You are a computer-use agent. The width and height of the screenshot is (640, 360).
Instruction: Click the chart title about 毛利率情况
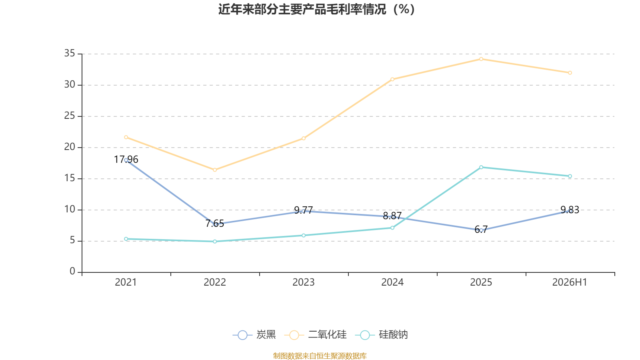316,10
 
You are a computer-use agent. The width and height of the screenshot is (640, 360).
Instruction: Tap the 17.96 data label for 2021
126,160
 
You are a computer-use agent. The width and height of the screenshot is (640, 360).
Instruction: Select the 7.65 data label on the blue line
214,224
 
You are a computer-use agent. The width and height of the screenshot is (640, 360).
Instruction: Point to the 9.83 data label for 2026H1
570,210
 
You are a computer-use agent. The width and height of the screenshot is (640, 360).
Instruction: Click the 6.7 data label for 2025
481,230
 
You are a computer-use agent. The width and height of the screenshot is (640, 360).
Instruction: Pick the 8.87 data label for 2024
392,216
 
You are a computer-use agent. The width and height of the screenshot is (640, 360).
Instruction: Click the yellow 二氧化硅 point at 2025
481,59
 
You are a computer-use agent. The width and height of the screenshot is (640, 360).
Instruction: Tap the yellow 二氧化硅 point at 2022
215,170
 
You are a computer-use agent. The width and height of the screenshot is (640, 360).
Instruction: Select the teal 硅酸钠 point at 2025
481,167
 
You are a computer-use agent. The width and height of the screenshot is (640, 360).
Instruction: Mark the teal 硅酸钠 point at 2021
126,239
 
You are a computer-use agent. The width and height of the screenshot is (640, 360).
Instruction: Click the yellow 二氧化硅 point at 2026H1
570,73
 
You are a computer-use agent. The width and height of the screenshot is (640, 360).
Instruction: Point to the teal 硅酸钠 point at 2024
392,228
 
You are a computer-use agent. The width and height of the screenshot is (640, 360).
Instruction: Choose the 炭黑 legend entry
254,334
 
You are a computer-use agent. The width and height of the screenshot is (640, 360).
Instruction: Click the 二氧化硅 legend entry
316,334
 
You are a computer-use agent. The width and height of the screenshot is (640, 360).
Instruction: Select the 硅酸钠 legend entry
382,334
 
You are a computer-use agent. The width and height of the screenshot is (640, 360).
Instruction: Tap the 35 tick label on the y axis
70,53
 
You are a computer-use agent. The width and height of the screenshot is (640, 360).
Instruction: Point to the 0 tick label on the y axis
72,271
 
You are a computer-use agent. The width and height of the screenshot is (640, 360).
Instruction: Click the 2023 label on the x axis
304,282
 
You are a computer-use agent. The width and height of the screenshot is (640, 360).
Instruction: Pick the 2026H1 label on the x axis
570,282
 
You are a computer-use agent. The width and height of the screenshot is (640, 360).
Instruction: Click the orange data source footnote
320,356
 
